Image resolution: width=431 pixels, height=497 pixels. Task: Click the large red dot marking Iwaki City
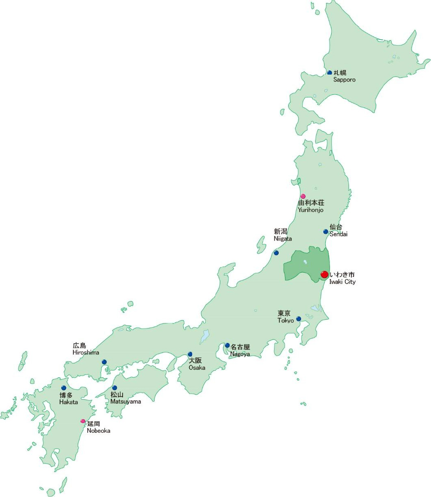pos(325,274)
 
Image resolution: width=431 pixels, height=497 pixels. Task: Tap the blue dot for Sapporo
pos(330,72)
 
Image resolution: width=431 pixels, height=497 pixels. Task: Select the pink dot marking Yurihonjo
pos(303,196)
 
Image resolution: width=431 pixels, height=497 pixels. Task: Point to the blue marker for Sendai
pos(326,232)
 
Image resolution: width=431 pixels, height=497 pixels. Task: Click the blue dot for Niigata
pos(276,253)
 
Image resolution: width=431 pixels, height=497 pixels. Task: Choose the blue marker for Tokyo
pos(299,319)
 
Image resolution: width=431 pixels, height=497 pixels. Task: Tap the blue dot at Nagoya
pos(227,345)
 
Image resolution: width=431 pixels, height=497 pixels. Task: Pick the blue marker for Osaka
pos(190,354)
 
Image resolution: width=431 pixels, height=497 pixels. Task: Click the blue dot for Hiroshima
pos(104,362)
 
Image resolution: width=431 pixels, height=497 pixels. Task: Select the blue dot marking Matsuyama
pos(115,388)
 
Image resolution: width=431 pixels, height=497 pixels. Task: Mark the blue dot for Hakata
pos(64,388)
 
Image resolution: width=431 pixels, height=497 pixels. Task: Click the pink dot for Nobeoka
pos(83,421)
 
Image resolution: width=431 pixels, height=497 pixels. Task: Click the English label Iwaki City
pos(342,282)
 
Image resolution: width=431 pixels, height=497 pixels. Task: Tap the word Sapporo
pos(344,80)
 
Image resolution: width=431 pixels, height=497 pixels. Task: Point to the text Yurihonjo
pos(311,210)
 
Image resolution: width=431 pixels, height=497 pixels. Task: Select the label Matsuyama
pos(125,402)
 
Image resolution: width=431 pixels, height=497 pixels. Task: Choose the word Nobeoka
pos(99,431)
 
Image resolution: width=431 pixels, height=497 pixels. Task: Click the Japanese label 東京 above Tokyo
pos(284,314)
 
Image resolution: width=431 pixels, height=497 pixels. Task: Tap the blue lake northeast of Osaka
pos(205,337)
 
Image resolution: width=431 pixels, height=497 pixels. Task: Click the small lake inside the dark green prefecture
pos(305,262)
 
